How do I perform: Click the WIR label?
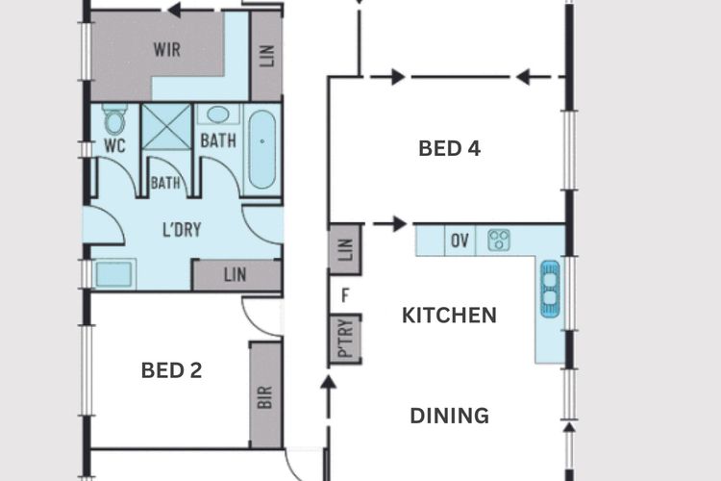click(167, 49)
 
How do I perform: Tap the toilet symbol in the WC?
click(114, 118)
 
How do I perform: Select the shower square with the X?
click(166, 127)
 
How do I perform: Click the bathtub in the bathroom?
click(262, 149)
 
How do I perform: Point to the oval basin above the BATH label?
click(218, 114)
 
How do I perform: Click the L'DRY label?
click(182, 229)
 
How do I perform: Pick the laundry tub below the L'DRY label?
click(113, 274)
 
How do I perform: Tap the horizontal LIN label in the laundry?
click(235, 275)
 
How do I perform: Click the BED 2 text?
click(171, 370)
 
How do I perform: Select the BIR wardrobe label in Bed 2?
click(265, 397)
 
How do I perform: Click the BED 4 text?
click(450, 149)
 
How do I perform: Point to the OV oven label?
click(460, 240)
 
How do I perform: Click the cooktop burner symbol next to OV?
click(499, 240)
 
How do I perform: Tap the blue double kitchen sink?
click(551, 289)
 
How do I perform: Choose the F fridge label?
click(345, 295)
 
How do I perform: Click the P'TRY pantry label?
click(345, 339)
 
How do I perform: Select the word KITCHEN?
click(449, 316)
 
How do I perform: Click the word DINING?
click(449, 417)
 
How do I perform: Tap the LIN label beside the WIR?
click(266, 56)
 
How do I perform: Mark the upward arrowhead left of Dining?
click(328, 382)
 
